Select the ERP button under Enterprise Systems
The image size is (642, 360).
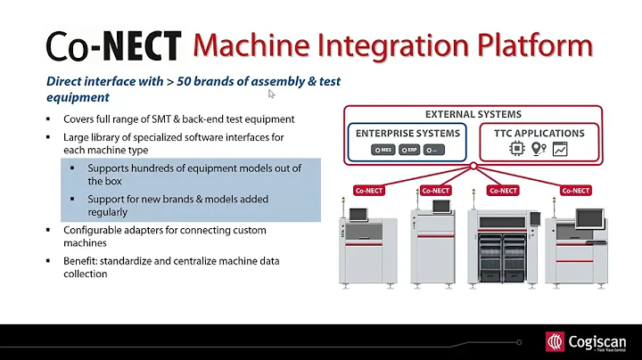click(x=409, y=150)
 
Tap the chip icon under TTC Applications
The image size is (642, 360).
click(x=515, y=149)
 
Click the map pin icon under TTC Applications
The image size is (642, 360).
click(x=538, y=149)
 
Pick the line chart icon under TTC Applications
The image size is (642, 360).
click(x=560, y=149)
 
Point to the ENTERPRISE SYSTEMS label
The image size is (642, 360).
click(x=408, y=133)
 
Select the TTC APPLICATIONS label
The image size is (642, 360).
click(x=538, y=133)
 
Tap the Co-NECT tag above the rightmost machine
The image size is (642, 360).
click(x=573, y=190)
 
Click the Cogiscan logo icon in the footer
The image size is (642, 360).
click(x=556, y=342)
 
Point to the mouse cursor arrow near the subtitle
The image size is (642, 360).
click(x=272, y=92)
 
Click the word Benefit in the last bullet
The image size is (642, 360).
click(x=80, y=262)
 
